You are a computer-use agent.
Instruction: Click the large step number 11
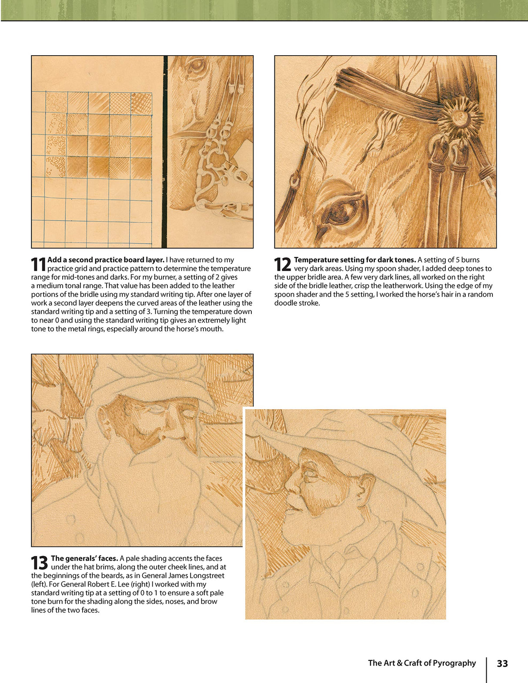(x=38, y=264)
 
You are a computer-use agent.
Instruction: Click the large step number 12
(x=282, y=264)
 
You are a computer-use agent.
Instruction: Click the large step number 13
(x=39, y=563)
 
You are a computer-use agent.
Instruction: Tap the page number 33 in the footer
(x=502, y=663)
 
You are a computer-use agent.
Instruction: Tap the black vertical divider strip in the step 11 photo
(x=165, y=152)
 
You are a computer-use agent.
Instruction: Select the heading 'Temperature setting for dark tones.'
(x=355, y=260)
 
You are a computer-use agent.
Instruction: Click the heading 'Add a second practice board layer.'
(x=106, y=260)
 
